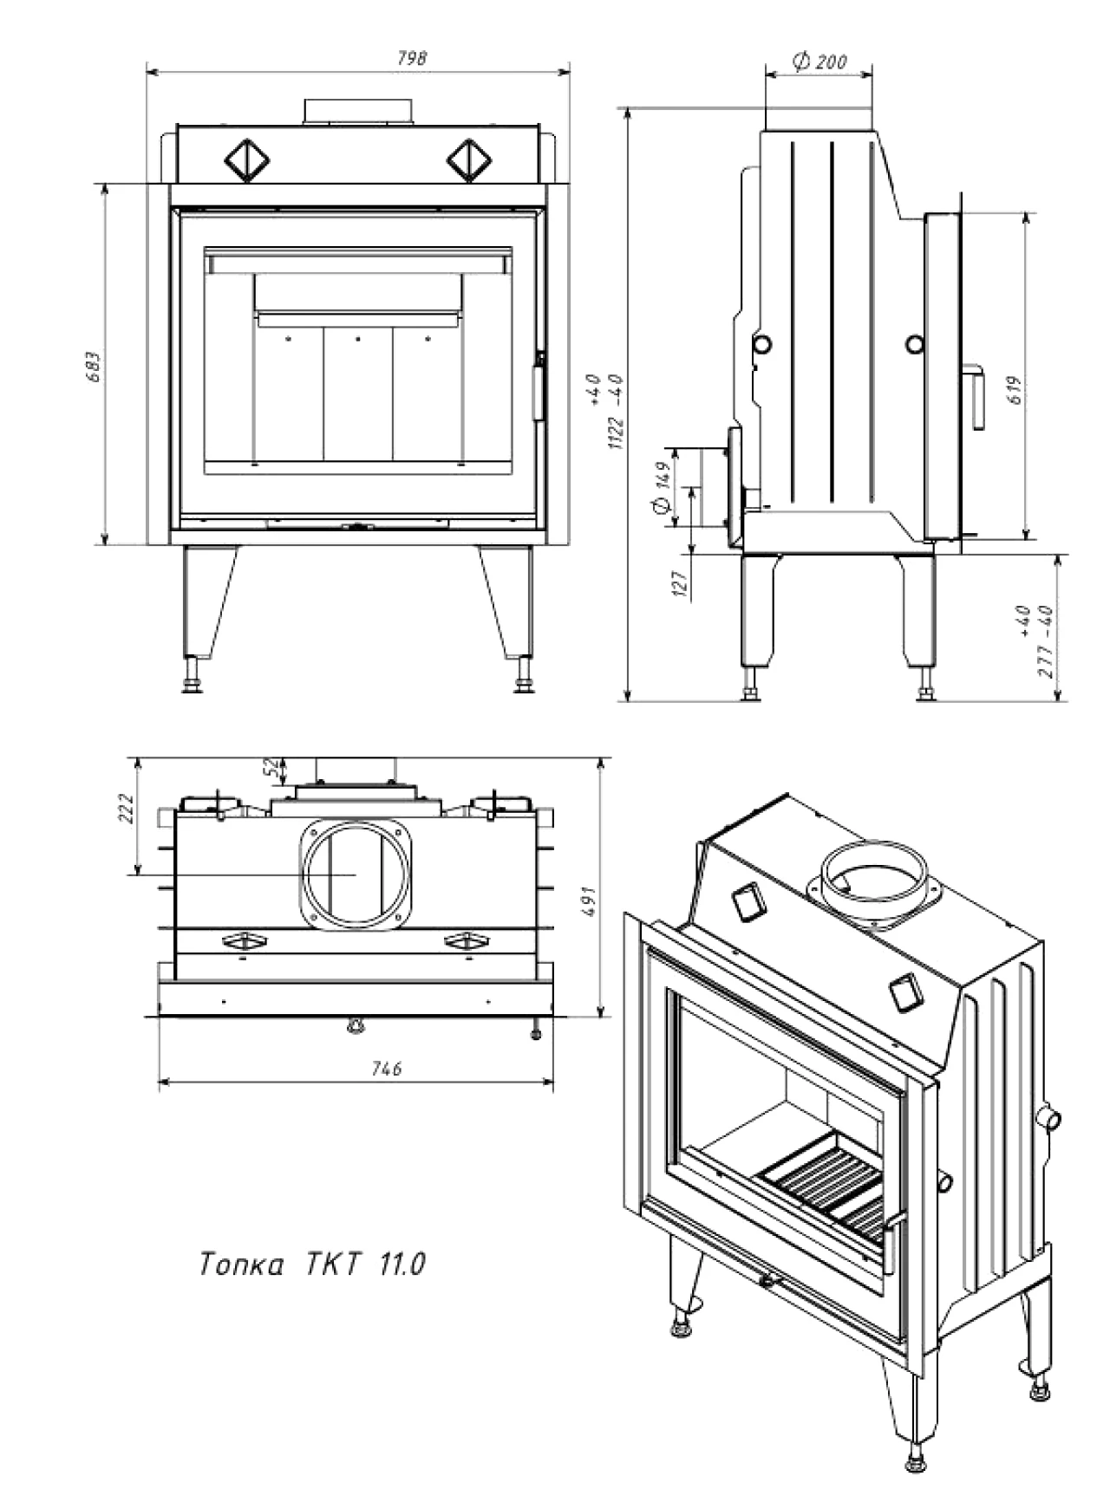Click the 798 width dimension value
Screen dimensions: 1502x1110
(412, 58)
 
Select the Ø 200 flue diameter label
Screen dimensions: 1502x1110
(819, 62)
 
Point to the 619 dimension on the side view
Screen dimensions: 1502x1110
(1016, 387)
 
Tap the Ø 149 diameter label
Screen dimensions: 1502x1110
(663, 487)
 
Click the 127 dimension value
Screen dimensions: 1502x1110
(680, 583)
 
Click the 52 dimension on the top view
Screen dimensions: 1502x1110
(272, 765)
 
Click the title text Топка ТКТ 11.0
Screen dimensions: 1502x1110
(312, 1265)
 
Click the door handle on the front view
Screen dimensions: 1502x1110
(539, 388)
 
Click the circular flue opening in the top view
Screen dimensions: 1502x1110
(354, 875)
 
